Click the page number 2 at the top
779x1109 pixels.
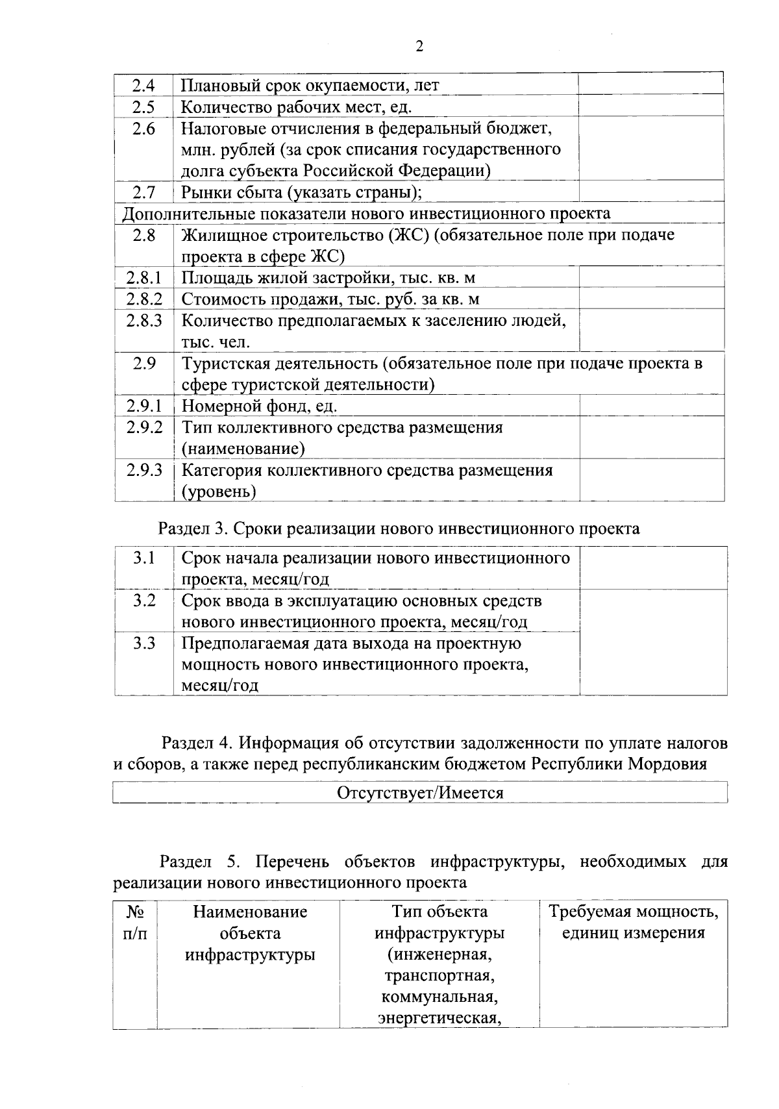pyautogui.click(x=419, y=46)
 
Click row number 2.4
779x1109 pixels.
pyautogui.click(x=143, y=85)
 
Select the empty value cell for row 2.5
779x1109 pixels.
pyautogui.click(x=651, y=106)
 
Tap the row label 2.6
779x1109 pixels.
pyautogui.click(x=143, y=129)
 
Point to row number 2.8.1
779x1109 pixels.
pyautogui.click(x=143, y=278)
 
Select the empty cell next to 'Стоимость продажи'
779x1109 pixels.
pyautogui.click(x=651, y=299)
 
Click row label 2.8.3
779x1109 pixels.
pyautogui.click(x=143, y=320)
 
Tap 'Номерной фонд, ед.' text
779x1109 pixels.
pyautogui.click(x=259, y=406)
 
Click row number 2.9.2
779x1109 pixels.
pyautogui.click(x=143, y=427)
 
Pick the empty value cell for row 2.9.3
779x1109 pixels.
pyautogui.click(x=651, y=480)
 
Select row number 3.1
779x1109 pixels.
pyautogui.click(x=143, y=558)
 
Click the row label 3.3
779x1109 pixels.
pyautogui.click(x=143, y=643)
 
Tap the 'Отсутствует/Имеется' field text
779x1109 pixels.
pyautogui.click(x=420, y=793)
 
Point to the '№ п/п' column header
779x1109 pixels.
pyautogui.click(x=134, y=923)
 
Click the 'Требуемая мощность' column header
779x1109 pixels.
pyautogui.click(x=634, y=912)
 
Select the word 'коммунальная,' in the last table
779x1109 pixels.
pyautogui.click(x=439, y=997)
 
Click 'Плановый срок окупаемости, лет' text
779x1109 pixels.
pyautogui.click(x=310, y=85)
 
